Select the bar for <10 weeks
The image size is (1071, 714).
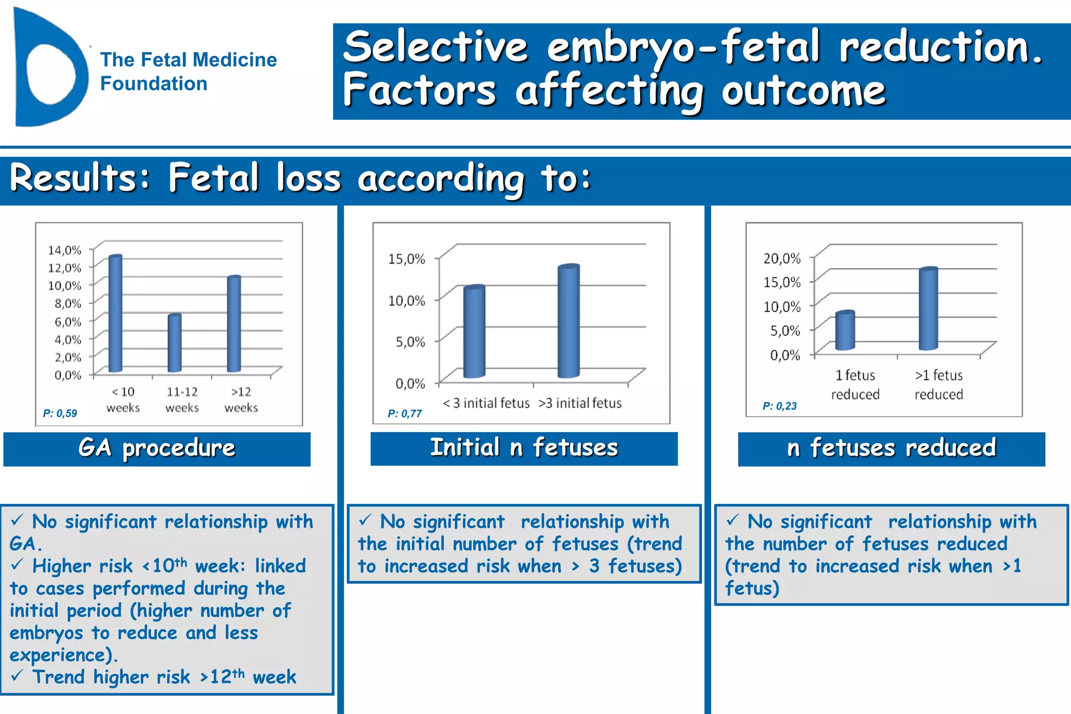coord(115,314)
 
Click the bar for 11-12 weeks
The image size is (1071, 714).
coord(175,343)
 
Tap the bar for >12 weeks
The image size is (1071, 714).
coord(234,324)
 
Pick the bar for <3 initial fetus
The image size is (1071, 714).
coord(474,332)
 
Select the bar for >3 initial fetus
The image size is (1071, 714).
coord(568,321)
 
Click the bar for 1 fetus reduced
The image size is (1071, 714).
coord(845,331)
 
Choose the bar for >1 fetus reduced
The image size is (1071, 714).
coord(928,309)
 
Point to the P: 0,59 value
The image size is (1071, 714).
coord(60,413)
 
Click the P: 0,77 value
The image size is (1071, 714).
coord(404,413)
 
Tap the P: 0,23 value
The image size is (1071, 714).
coord(779,406)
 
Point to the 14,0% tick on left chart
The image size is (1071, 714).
coord(65,250)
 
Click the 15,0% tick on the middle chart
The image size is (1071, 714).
coord(406,259)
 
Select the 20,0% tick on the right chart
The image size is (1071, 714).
coord(782,259)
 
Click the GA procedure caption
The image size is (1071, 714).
coord(157,448)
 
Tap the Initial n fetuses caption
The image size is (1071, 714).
coord(524,448)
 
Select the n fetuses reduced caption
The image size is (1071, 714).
coord(891,448)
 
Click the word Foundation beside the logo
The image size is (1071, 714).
coord(154,84)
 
